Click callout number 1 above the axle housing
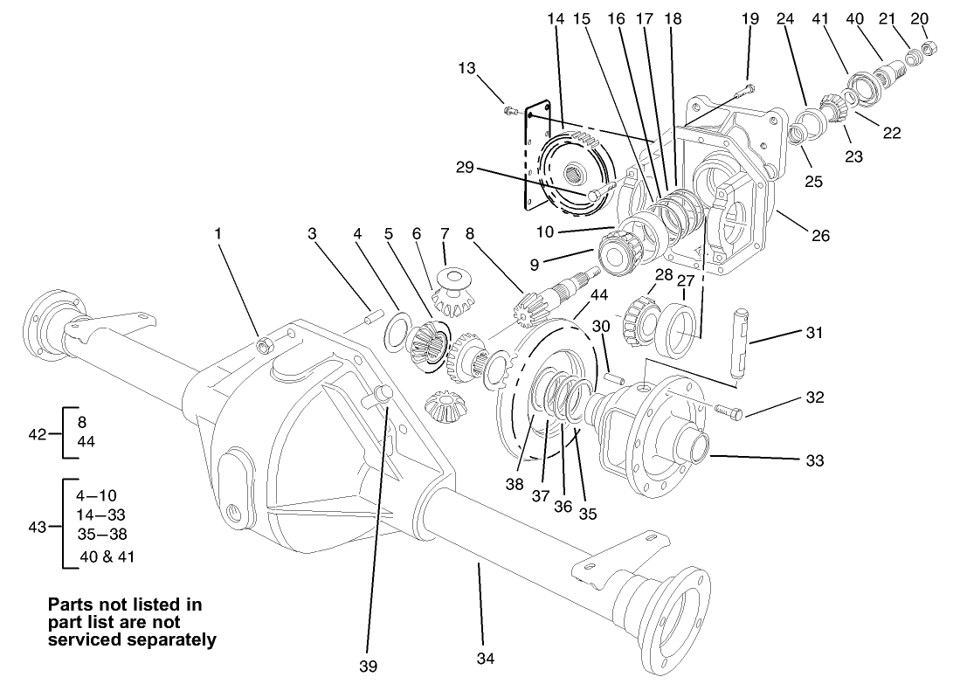218,234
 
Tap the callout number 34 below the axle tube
483,656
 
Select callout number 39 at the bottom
368,667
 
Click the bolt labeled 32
729,410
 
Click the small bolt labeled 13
510,110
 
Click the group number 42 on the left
38,432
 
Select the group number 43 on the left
38,526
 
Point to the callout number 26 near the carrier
819,235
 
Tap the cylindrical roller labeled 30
613,377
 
